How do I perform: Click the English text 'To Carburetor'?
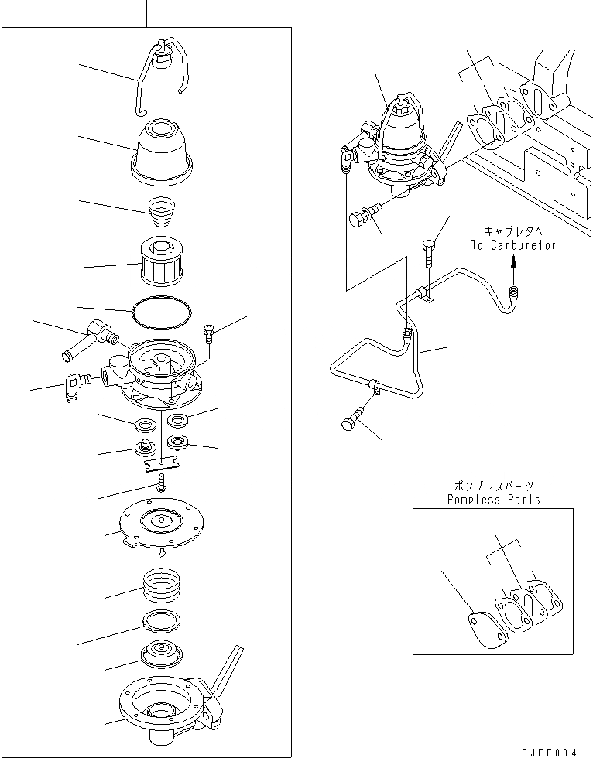click(x=512, y=244)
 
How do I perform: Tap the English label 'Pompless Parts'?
click(x=493, y=499)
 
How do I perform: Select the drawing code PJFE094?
click(x=550, y=749)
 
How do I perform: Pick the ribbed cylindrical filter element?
click(x=163, y=265)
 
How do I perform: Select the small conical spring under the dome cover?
click(x=161, y=210)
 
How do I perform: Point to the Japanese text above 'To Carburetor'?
click(x=513, y=230)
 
